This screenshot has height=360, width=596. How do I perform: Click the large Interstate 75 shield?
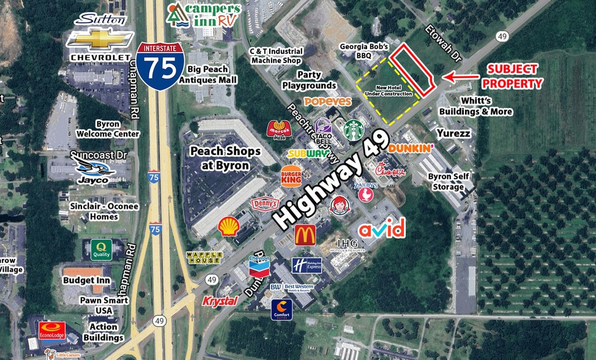[160, 66]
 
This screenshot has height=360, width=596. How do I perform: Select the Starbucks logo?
[354, 130]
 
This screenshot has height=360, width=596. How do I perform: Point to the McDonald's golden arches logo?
[305, 234]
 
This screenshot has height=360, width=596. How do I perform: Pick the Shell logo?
[229, 227]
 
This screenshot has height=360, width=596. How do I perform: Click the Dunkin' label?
[411, 148]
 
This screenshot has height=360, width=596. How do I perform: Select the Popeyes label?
[328, 102]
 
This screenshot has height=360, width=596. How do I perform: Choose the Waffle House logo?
[203, 257]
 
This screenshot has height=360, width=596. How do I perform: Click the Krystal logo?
[220, 301]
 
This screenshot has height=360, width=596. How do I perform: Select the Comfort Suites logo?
[282, 309]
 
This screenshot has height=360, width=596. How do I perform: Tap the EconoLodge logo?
[52, 331]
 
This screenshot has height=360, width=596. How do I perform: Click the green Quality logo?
[101, 249]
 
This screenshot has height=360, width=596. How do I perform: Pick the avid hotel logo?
[381, 229]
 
